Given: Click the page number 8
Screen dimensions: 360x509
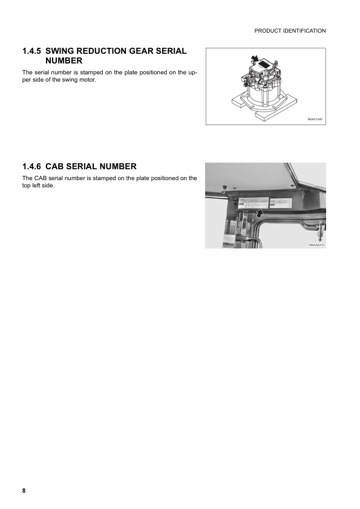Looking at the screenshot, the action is pyautogui.click(x=24, y=491).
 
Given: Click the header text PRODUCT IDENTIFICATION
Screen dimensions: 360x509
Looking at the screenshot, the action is pyautogui.click(x=290, y=30).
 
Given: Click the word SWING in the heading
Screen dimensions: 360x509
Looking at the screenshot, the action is pyautogui.click(x=61, y=51).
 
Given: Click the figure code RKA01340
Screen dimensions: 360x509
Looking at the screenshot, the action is pyautogui.click(x=315, y=120).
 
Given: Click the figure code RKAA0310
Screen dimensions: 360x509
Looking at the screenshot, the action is pyautogui.click(x=316, y=245).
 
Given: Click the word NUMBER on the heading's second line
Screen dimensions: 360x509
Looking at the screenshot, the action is pyautogui.click(x=64, y=61).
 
